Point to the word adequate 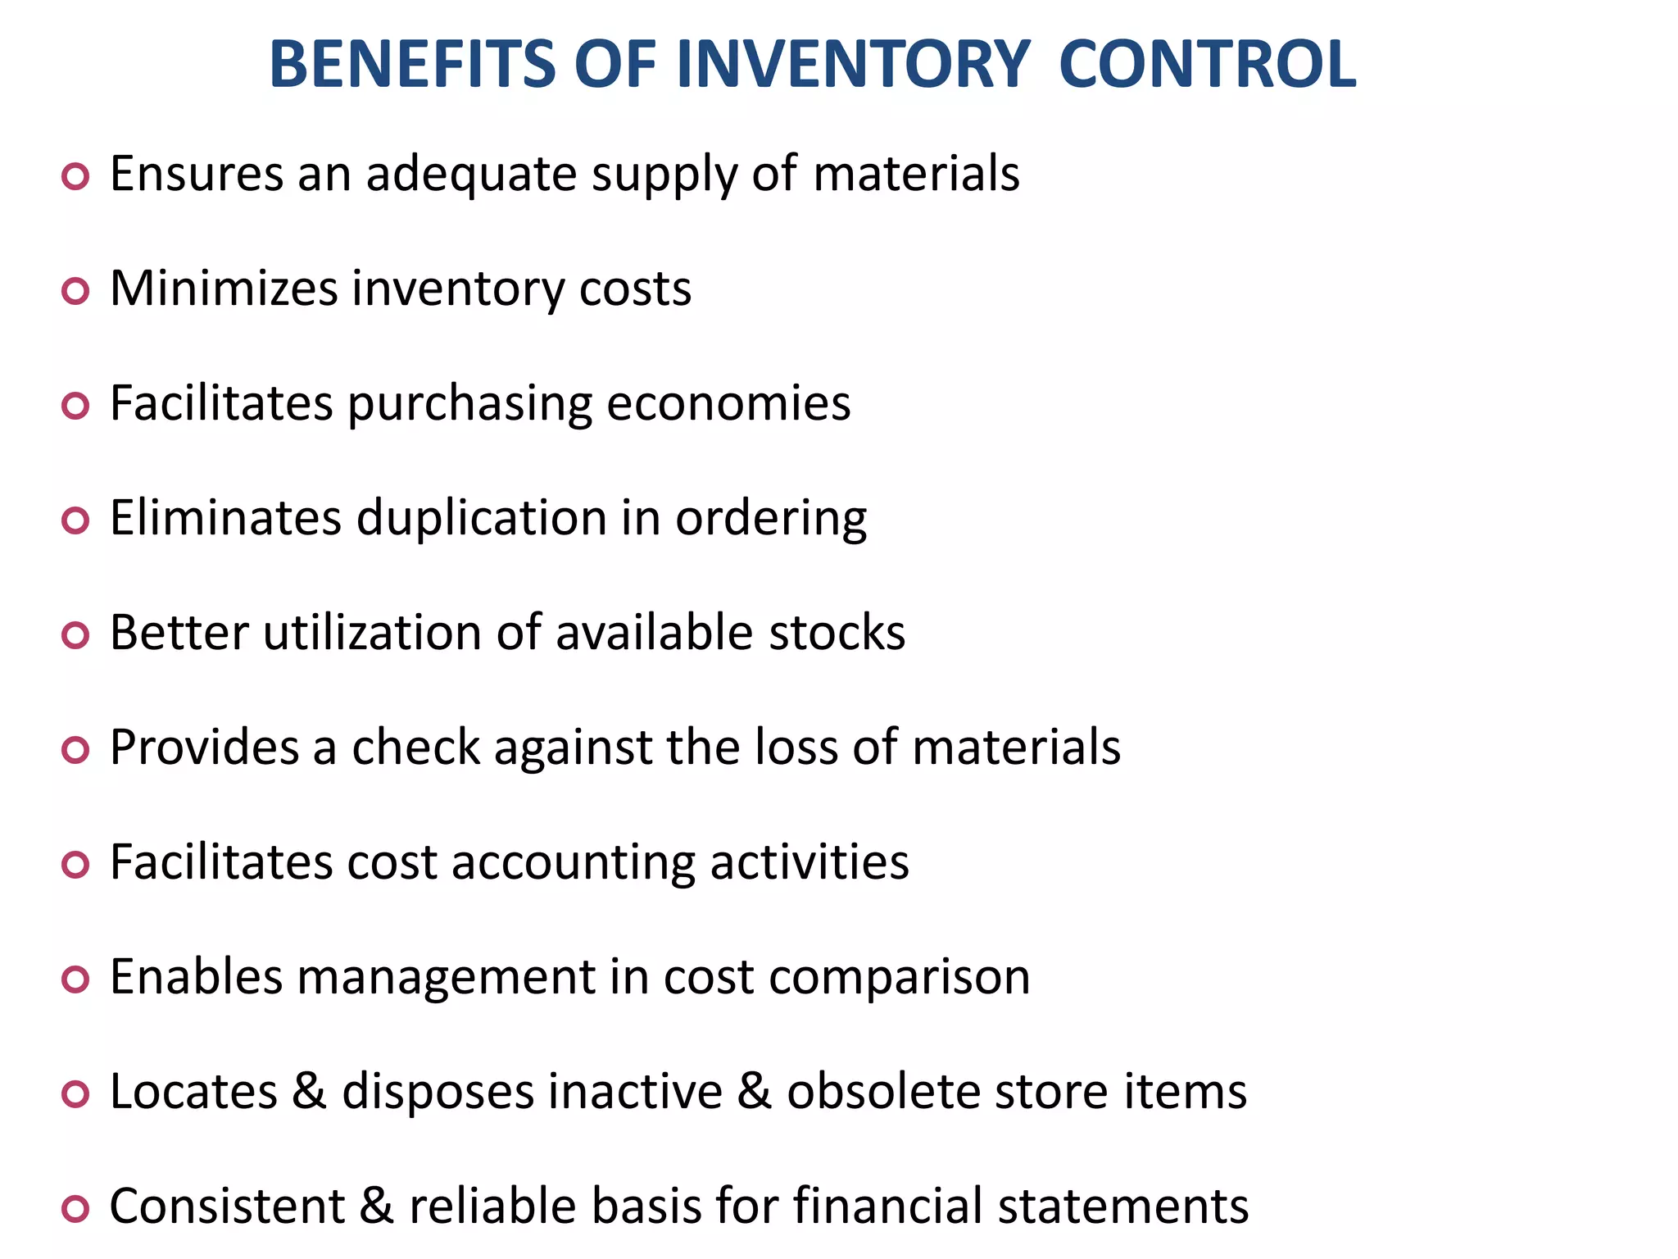click(471, 175)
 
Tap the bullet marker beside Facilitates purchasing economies click(75, 406)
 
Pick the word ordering click(771, 520)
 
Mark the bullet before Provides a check click(75, 750)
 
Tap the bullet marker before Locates click(75, 1094)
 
